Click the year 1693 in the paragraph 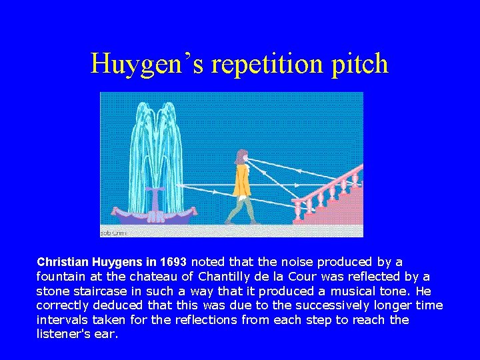point(175,262)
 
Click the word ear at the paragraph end point(105,335)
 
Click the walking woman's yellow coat point(241,181)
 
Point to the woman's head point(241,157)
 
